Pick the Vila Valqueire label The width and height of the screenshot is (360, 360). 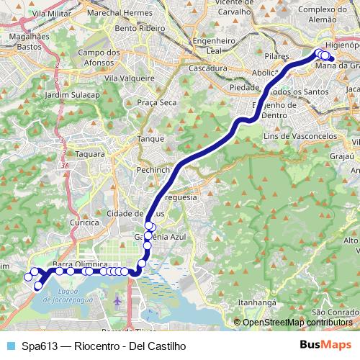[x=124, y=77]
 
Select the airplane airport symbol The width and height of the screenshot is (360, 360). [x=118, y=299]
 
